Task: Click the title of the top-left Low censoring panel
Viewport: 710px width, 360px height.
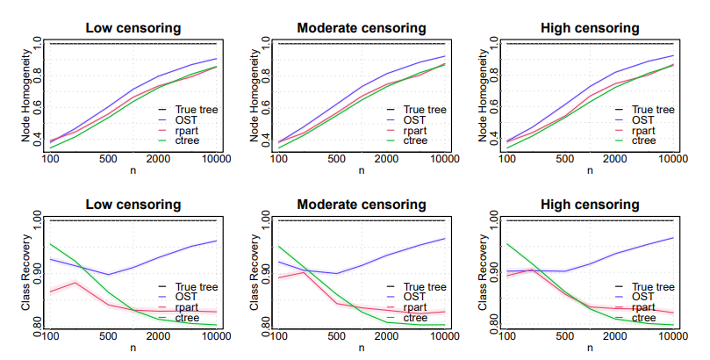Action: [133, 28]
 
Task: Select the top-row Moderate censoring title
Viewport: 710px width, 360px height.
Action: [362, 28]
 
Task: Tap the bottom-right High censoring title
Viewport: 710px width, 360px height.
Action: [590, 205]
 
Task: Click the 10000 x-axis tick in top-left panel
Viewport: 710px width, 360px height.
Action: [215, 159]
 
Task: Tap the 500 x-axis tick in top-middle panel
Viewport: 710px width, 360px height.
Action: [336, 159]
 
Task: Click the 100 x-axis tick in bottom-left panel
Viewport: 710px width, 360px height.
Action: [50, 335]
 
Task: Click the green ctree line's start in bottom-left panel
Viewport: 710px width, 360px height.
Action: [50, 244]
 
